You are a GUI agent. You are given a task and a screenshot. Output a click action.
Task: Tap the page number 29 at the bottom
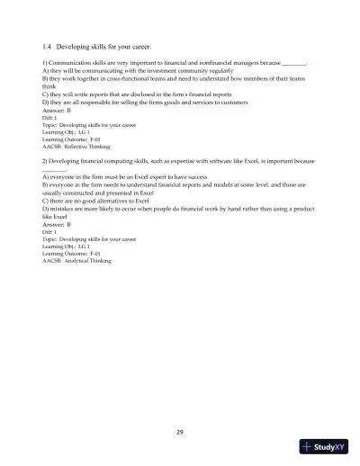(180, 433)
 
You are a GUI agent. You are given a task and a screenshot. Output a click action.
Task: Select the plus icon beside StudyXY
(309, 448)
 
